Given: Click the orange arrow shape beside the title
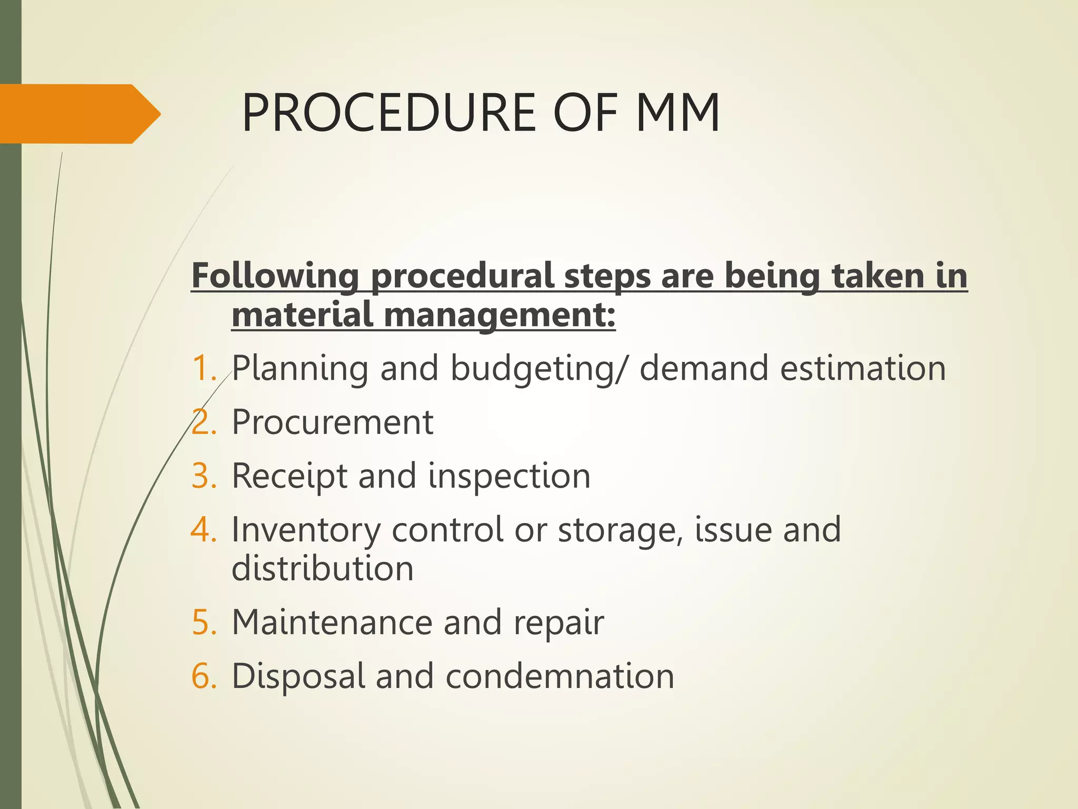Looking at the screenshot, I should click(79, 114).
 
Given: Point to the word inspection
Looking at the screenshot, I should click(509, 477).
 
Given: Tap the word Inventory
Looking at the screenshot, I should click(306, 530).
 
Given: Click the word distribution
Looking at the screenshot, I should click(323, 568).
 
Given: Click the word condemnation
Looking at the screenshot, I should click(560, 676).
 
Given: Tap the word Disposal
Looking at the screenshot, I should click(298, 677).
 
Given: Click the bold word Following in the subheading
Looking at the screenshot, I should click(275, 276).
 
